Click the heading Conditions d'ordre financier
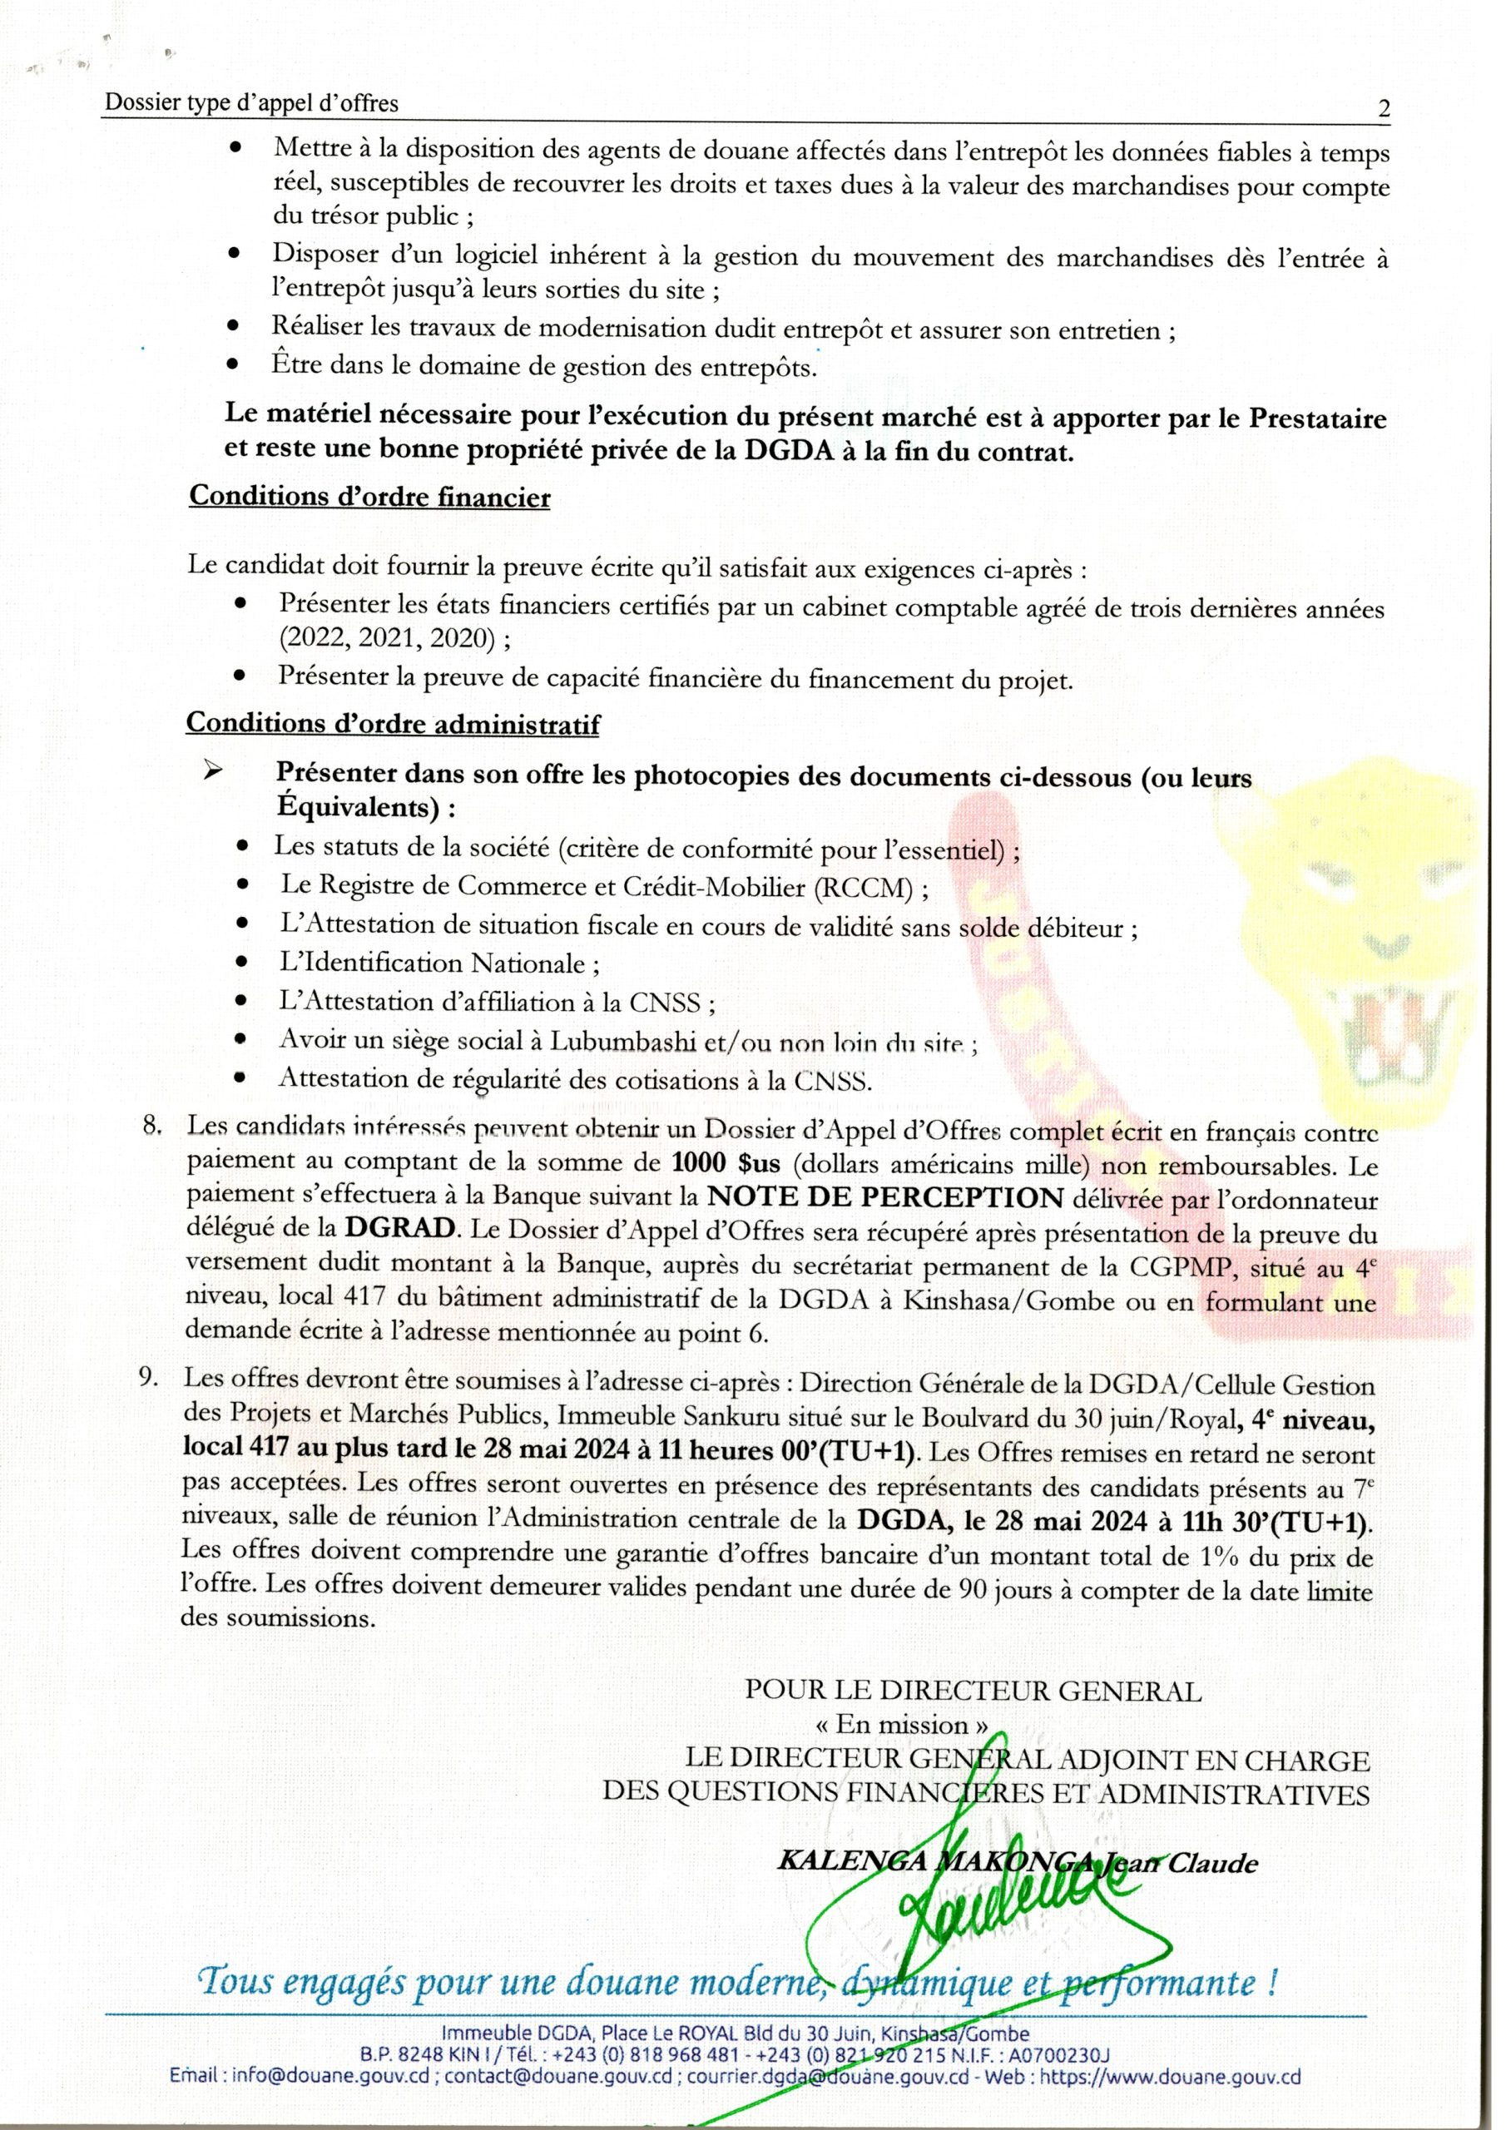369,498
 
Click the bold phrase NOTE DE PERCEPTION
884,1197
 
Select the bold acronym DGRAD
402,1229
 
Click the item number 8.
153,1127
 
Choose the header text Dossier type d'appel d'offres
251,104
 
